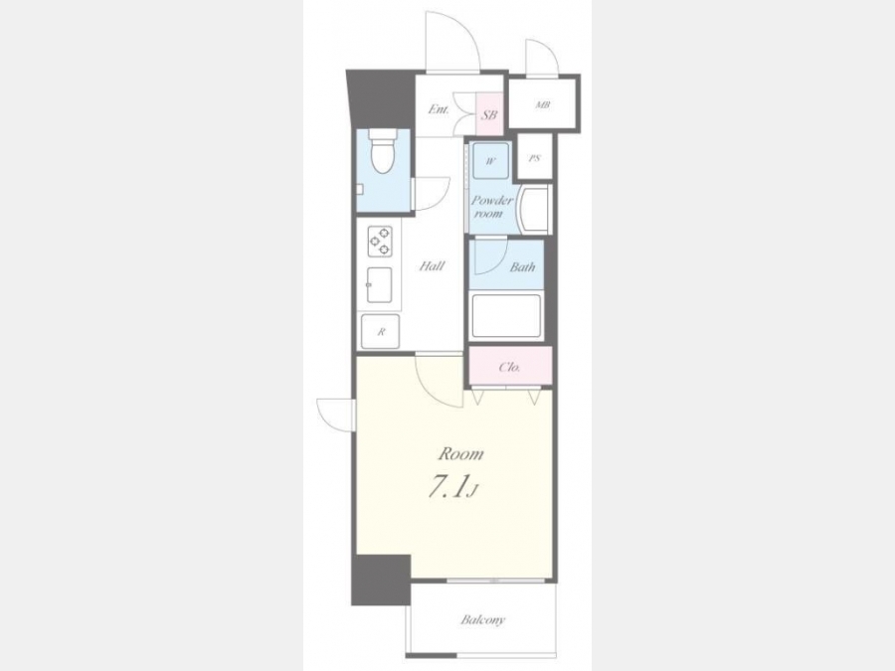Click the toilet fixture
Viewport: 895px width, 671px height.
click(x=383, y=151)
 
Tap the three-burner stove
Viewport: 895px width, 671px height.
click(x=380, y=242)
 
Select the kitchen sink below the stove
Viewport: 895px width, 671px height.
click(x=380, y=284)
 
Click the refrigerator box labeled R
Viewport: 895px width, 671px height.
click(x=381, y=331)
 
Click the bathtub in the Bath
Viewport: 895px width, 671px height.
click(x=506, y=316)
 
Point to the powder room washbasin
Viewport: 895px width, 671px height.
click(x=533, y=209)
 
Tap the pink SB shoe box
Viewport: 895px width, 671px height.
click(x=488, y=113)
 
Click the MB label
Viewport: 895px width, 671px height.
click(x=542, y=105)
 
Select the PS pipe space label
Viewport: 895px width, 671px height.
click(x=534, y=158)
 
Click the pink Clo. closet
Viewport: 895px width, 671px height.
click(x=510, y=366)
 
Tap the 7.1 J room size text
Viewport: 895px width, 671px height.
click(x=453, y=488)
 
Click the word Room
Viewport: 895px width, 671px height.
click(x=460, y=453)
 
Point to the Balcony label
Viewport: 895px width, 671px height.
click(x=483, y=619)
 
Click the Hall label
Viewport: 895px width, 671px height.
click(x=433, y=265)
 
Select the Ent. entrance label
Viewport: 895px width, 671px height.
click(x=439, y=109)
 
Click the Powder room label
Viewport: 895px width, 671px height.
click(x=491, y=207)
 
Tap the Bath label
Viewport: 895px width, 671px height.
click(x=522, y=266)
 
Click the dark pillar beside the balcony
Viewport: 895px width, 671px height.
click(x=381, y=580)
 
